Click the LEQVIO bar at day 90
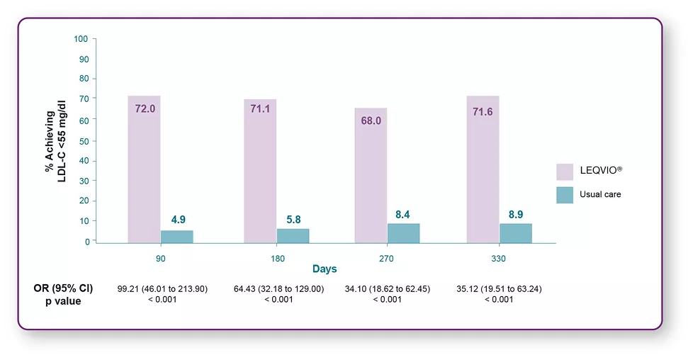(144, 170)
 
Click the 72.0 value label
(145, 109)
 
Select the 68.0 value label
(371, 120)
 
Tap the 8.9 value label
(515, 214)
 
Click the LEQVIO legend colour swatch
(564, 171)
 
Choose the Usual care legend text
(600, 194)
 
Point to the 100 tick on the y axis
(81, 38)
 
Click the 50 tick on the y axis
(84, 140)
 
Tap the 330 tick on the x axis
(499, 259)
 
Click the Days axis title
(325, 269)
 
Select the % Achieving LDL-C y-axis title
(55, 140)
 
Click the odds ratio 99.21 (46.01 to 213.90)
(162, 288)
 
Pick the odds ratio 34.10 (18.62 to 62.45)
(386, 288)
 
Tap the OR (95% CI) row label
(63, 288)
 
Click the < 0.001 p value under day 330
(499, 299)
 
